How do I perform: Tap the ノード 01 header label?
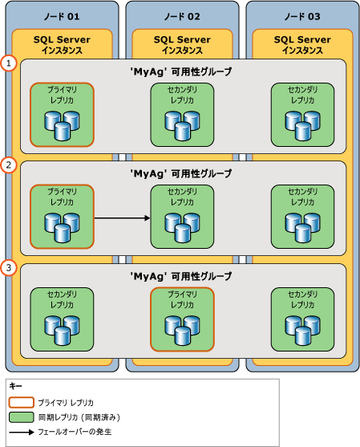click(x=62, y=14)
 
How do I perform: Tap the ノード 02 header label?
click(x=182, y=14)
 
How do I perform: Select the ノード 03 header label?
click(x=302, y=14)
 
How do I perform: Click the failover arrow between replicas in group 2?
click(x=122, y=217)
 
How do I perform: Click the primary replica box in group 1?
click(x=62, y=115)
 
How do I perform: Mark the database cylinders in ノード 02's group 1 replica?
click(x=182, y=123)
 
